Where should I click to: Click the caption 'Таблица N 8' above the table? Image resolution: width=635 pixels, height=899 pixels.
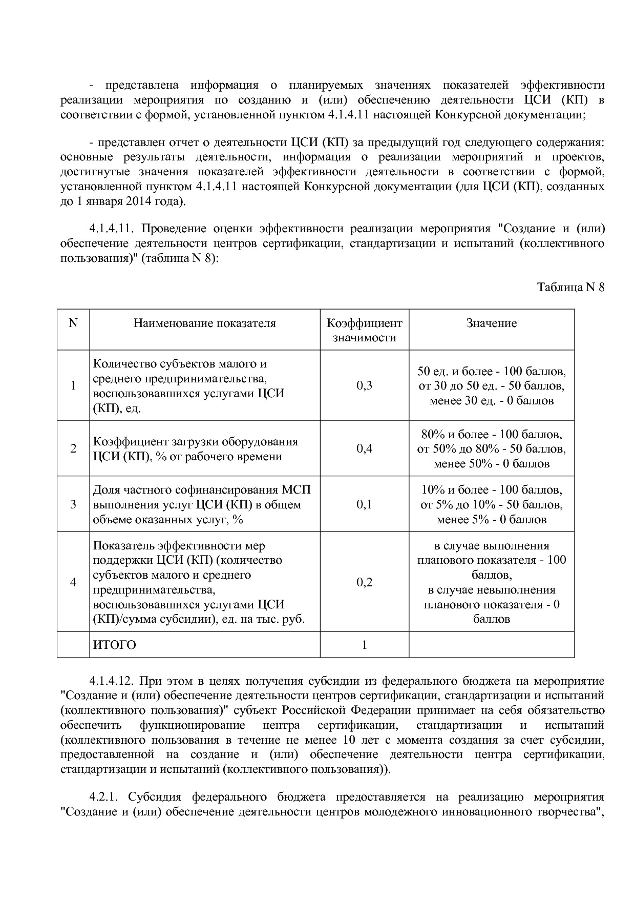click(x=570, y=288)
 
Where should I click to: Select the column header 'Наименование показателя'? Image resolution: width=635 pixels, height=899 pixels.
click(x=205, y=323)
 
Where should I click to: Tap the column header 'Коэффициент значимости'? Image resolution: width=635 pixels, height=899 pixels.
click(x=365, y=330)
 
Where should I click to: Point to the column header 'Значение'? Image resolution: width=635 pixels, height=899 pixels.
click(x=492, y=323)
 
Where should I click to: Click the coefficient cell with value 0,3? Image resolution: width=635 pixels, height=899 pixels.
click(x=365, y=386)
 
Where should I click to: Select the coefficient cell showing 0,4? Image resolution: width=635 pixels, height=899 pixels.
click(x=365, y=449)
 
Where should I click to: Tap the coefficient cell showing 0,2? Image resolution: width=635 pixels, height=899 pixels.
click(x=365, y=582)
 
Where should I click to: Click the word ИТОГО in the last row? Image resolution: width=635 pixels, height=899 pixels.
click(x=115, y=645)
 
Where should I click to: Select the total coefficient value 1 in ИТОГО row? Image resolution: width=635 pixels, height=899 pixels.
click(x=365, y=645)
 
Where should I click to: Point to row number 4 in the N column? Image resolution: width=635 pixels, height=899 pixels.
click(x=73, y=582)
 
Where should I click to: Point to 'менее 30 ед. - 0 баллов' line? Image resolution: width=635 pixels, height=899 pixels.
click(x=492, y=401)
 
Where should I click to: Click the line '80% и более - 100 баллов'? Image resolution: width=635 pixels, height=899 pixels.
click(x=492, y=435)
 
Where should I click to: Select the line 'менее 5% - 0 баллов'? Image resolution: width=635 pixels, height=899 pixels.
click(x=492, y=520)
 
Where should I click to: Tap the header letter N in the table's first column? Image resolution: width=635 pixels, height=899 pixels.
click(x=73, y=323)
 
